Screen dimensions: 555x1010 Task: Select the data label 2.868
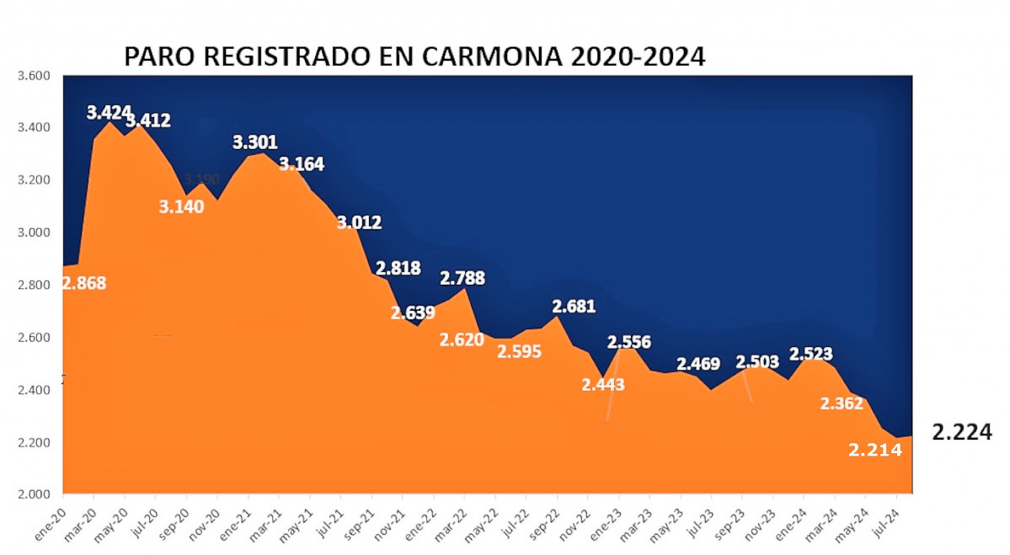pos(84,283)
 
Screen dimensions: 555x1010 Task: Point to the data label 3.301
pos(255,142)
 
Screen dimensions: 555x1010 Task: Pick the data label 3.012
pos(359,223)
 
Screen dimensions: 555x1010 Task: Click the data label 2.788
pos(462,278)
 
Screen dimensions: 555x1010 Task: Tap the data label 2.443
pos(603,385)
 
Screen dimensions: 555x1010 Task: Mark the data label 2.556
pos(628,342)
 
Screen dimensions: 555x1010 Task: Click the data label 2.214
pos(875,450)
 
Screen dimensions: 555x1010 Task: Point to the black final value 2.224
pos(962,433)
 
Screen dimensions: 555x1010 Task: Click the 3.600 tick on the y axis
pos(34,76)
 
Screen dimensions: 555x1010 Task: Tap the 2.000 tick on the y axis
pos(34,494)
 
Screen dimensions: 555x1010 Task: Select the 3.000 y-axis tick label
pos(34,232)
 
